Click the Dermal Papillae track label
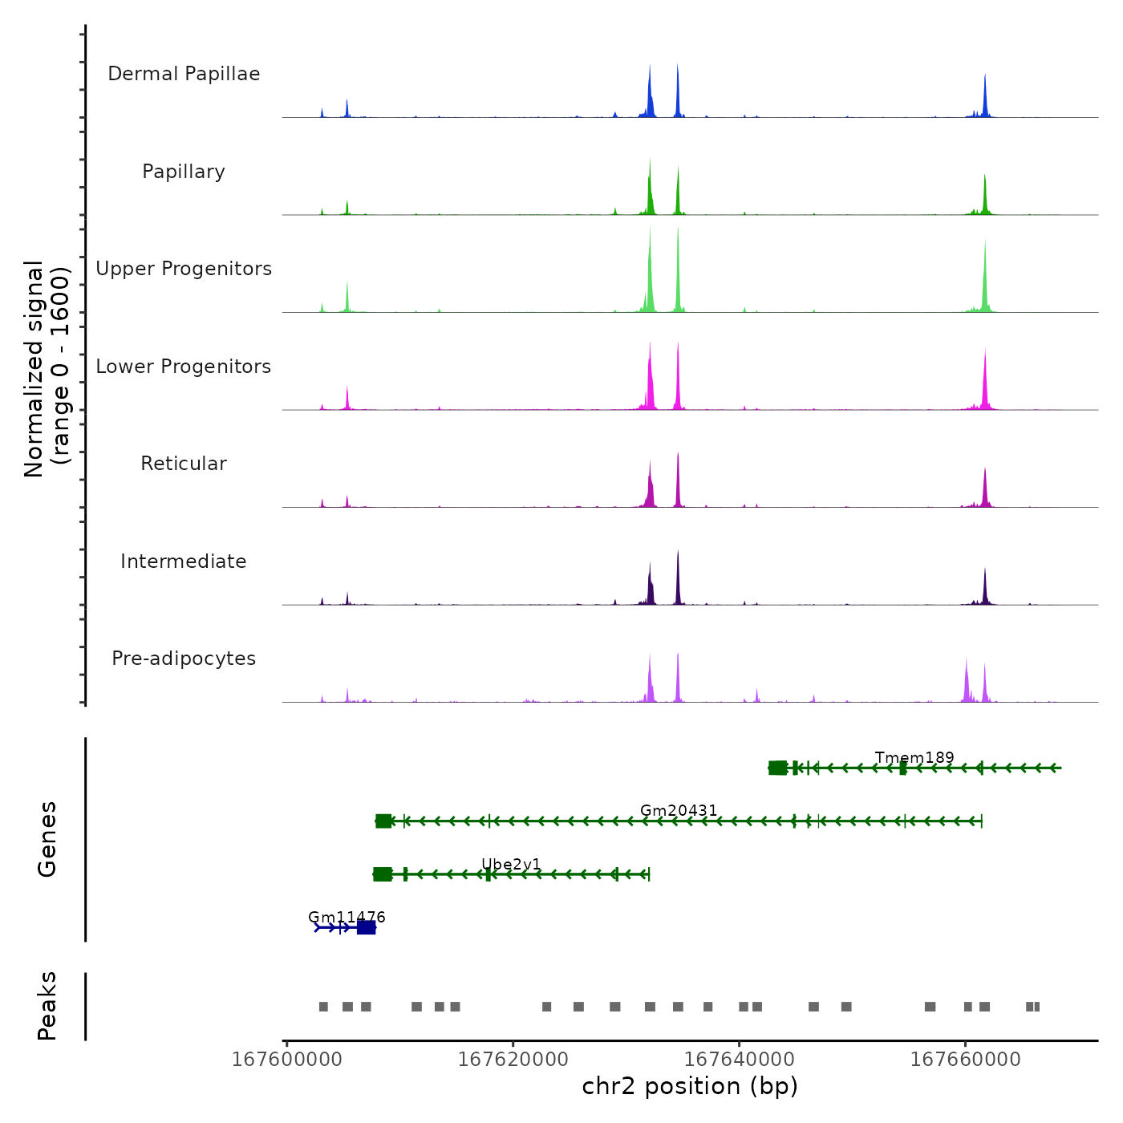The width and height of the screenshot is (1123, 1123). point(184,74)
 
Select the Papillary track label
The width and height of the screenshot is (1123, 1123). point(184,172)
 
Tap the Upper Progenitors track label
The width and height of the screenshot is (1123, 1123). point(184,269)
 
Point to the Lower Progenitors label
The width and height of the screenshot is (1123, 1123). point(184,367)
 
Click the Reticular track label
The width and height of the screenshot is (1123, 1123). point(184,464)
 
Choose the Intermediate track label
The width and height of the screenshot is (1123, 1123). point(184,561)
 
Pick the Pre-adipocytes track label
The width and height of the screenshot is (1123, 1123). point(184,659)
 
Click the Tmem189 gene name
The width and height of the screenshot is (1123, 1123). point(914,758)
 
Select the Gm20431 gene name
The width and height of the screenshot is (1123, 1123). point(679,811)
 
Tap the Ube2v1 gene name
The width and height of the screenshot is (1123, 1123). point(511,864)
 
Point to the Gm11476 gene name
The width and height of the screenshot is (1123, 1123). point(347,917)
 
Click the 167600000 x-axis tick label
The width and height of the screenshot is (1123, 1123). point(286,1060)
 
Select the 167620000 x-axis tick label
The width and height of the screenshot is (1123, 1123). point(513,1060)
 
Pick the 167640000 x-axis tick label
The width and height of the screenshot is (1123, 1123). point(740,1060)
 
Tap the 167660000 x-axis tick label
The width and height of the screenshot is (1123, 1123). point(966,1060)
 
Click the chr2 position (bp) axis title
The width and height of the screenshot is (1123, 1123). point(690,1086)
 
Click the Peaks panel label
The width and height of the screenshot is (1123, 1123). point(47,1006)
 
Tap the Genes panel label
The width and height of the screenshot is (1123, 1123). point(47,839)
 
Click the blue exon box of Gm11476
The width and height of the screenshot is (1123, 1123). point(366,927)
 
